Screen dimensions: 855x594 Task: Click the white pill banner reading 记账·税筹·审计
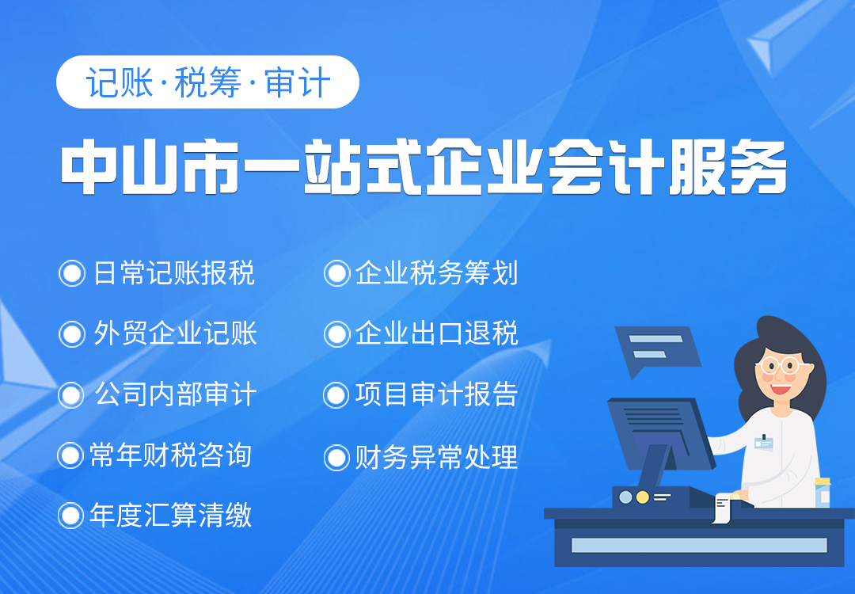tap(207, 82)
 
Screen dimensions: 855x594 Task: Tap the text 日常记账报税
tap(174, 273)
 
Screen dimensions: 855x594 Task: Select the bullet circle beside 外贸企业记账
tap(72, 333)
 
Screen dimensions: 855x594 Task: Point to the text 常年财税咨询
tap(170, 455)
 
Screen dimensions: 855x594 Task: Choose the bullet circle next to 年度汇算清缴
tap(71, 516)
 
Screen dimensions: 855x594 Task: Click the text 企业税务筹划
tap(436, 273)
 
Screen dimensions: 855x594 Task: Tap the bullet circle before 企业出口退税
tap(336, 333)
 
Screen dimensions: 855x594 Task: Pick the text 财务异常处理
tap(436, 457)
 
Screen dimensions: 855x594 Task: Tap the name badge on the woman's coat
tap(764, 442)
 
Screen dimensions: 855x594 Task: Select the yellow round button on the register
tap(642, 497)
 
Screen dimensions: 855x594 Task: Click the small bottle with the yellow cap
tap(823, 493)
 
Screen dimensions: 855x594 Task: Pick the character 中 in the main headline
tap(90, 166)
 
